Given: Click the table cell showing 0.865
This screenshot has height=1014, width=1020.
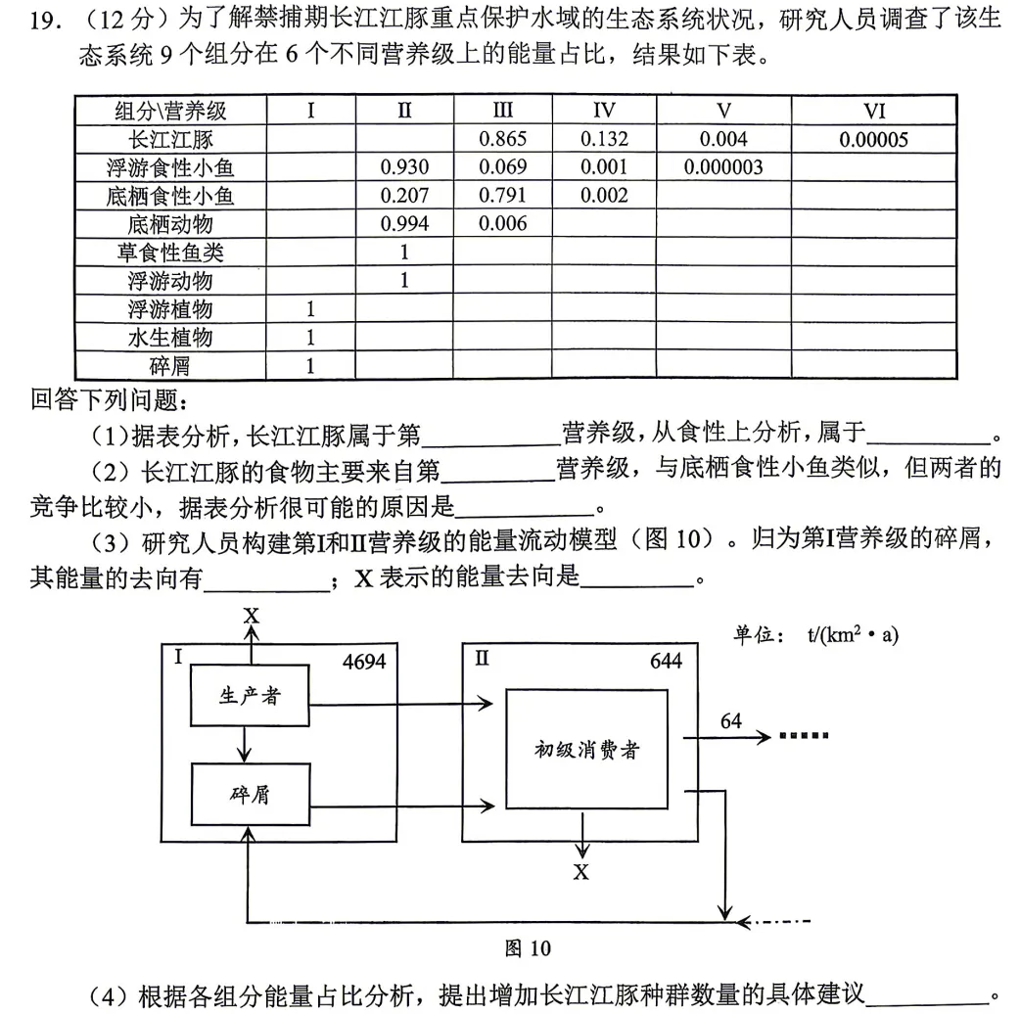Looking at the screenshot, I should [x=503, y=139].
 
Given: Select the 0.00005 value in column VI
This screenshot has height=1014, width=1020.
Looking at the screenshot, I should [x=873, y=139].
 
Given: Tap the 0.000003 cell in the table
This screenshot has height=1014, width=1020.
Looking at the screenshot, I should [x=723, y=167].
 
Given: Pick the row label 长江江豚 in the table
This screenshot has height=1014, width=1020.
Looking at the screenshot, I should [x=170, y=139].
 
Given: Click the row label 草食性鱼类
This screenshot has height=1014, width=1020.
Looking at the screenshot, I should [x=170, y=253].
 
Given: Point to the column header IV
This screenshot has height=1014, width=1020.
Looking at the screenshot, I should [x=604, y=111].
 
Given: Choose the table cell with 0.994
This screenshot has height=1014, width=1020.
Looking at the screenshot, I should [x=403, y=224].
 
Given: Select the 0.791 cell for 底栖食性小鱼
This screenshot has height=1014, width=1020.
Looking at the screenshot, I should [x=503, y=196].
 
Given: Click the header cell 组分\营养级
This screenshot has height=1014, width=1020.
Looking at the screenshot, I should [x=170, y=111].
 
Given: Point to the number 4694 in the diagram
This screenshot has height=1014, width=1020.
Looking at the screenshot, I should [x=364, y=662].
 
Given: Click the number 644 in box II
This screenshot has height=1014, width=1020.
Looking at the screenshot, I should [x=666, y=662].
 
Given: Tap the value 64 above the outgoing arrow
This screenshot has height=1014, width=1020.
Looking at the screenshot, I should [x=731, y=722].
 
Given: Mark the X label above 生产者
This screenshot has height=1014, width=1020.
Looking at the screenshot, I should [x=252, y=616].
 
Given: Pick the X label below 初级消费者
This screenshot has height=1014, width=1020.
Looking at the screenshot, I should [x=581, y=871].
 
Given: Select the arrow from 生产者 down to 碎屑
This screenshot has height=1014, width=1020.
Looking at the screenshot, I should [x=245, y=744].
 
